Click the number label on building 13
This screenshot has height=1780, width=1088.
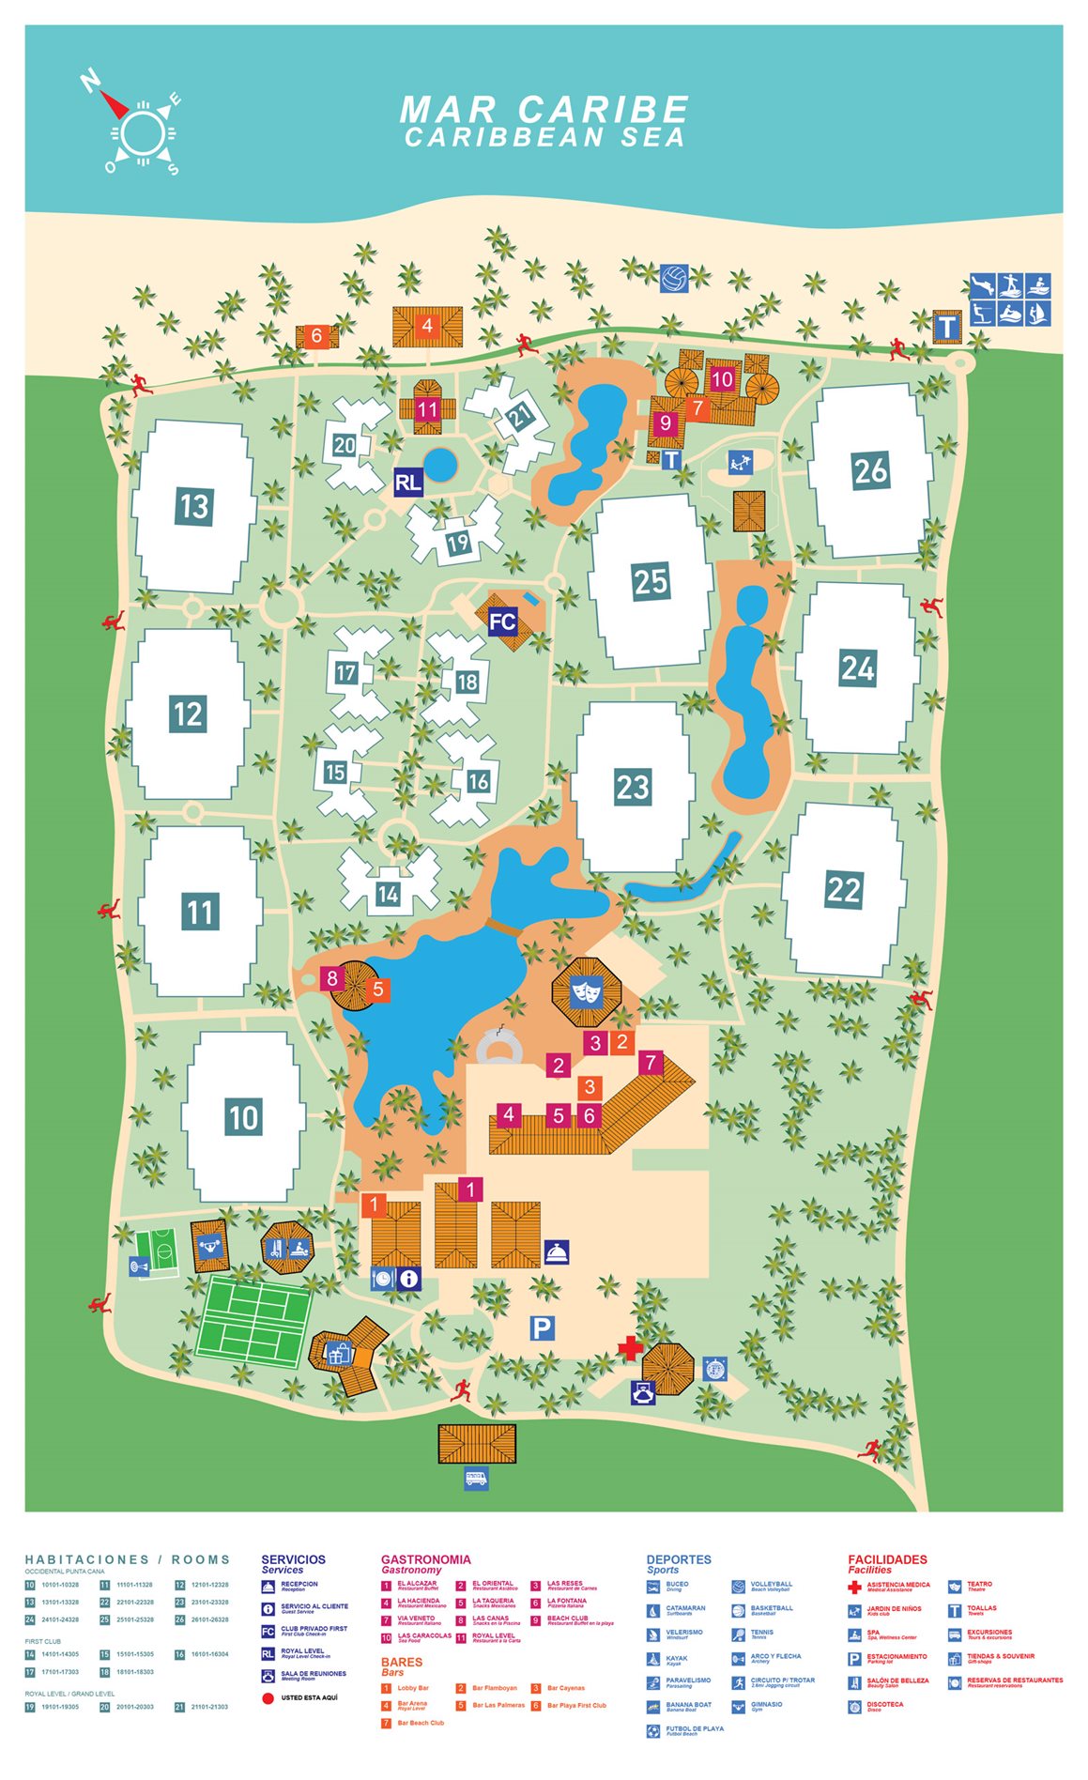(x=194, y=507)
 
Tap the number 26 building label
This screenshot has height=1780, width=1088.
(x=870, y=469)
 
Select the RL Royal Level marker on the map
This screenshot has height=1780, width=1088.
(x=407, y=483)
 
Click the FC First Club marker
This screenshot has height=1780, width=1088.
(x=502, y=621)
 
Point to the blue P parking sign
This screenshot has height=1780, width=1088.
(x=542, y=1327)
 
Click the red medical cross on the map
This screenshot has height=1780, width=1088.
(x=630, y=1348)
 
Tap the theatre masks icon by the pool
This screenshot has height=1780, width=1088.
(x=586, y=989)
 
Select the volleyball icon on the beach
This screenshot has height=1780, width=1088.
(x=673, y=279)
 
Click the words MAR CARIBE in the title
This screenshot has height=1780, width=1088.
(x=544, y=109)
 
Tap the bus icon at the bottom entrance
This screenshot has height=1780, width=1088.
(x=476, y=1479)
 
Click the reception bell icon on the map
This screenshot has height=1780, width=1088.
(x=557, y=1251)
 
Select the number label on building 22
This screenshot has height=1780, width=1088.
(x=843, y=889)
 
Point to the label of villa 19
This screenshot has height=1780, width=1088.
(x=457, y=543)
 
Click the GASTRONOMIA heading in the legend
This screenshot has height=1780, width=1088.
(x=425, y=1559)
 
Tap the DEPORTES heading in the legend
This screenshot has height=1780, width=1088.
(x=679, y=1559)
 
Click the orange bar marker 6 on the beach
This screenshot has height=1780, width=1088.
(x=316, y=335)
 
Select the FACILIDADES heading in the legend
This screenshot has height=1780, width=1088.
(x=887, y=1559)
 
